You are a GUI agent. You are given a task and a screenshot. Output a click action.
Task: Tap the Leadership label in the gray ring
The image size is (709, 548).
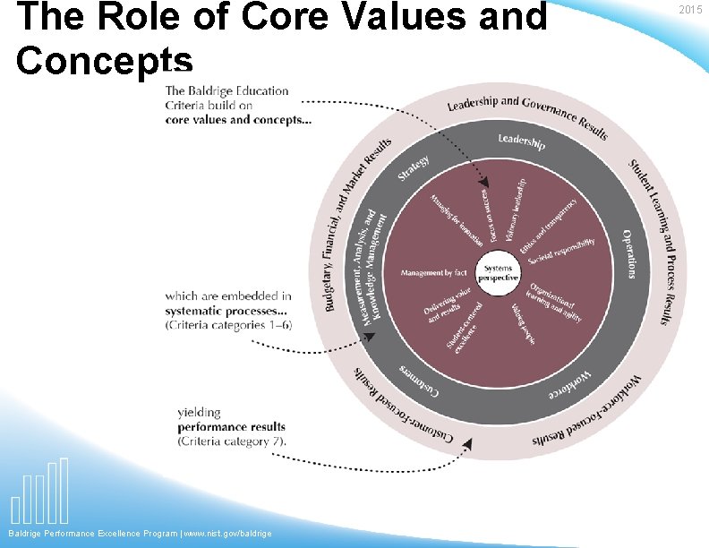tap(521, 141)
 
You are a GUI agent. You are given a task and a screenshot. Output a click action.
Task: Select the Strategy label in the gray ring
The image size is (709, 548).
tap(414, 168)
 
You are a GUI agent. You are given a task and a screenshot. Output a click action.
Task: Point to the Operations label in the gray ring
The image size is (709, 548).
tap(629, 253)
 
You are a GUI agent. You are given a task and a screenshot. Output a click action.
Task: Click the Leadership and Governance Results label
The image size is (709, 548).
tap(528, 116)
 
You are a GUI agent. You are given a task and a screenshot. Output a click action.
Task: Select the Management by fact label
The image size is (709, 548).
tap(433, 272)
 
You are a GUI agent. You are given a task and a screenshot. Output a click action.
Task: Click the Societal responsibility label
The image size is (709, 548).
tap(561, 252)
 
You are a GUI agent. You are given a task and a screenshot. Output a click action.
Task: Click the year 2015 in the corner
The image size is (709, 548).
tap(690, 10)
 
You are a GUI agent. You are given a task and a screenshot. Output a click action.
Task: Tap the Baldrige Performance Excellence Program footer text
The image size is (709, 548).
tap(140, 534)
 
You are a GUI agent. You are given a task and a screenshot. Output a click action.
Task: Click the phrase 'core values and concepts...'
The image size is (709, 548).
tap(238, 120)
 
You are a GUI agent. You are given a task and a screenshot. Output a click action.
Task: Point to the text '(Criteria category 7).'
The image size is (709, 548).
tap(232, 441)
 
